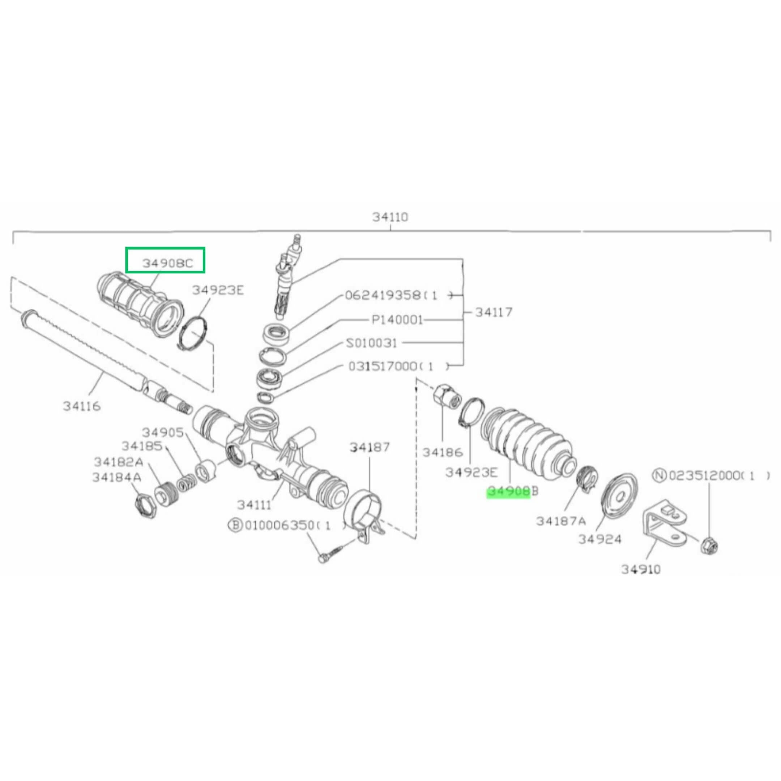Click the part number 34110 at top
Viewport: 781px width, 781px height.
tap(390, 217)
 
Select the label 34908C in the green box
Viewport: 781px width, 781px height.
tap(168, 264)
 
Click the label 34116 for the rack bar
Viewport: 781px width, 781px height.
tap(82, 406)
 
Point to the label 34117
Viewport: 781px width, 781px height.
tap(494, 312)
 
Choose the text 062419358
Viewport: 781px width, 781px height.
tap(383, 295)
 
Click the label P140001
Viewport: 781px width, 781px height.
tap(397, 320)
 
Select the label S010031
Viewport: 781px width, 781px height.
tap(372, 343)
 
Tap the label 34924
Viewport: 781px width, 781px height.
tap(600, 539)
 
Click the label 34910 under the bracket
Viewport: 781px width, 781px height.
tap(641, 569)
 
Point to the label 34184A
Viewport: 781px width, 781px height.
tap(117, 477)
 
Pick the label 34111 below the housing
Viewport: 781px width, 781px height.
tap(254, 505)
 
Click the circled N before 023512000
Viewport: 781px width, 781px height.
tap(659, 476)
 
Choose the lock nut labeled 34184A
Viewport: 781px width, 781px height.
tap(145, 505)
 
